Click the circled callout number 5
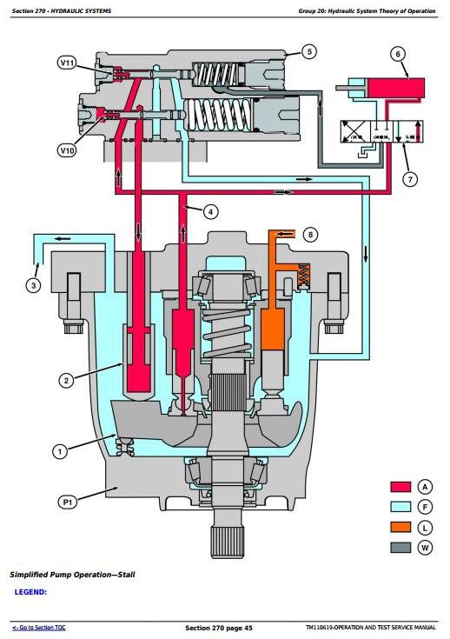[309, 52]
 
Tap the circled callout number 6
[398, 54]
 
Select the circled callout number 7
[410, 179]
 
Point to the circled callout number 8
[311, 235]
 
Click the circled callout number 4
[210, 211]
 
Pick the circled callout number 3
[33, 285]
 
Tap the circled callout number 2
[66, 381]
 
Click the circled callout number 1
[60, 451]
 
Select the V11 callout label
[67, 63]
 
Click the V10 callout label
[67, 150]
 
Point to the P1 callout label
[68, 503]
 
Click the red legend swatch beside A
[400, 487]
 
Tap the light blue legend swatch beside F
[400, 507]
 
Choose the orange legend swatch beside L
[400, 527]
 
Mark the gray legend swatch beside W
[400, 547]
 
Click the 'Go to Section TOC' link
[39, 628]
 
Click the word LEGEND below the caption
[30, 592]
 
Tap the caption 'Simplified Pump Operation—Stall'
[72, 575]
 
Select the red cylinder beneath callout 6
[396, 88]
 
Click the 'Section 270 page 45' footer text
[219, 628]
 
